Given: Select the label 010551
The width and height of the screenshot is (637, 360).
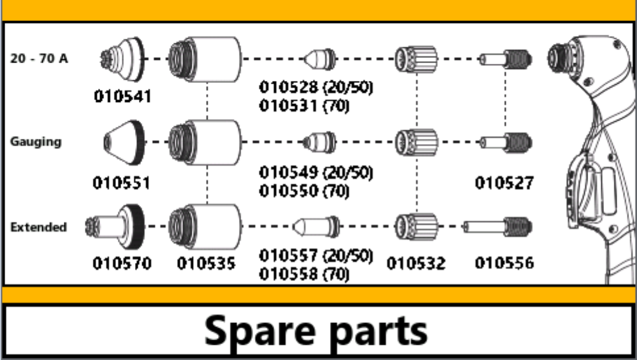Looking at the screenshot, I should coord(122,183).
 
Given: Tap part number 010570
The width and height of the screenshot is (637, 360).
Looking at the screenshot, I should coord(122,263).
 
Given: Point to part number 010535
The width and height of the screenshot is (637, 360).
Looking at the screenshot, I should coord(206,263).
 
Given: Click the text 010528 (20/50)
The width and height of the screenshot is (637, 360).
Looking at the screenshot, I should coord(315,87).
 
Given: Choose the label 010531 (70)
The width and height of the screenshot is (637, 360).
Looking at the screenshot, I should coord(304,106).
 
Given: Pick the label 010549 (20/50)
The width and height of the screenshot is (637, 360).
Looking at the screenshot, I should coord(315,172).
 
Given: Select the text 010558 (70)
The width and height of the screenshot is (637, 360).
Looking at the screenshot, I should coord(304,274).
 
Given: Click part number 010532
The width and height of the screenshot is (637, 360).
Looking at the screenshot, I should coord(417,263).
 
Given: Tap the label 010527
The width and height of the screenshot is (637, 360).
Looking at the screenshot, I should coord(504,183).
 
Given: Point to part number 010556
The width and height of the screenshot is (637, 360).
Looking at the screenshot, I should coord(504,263).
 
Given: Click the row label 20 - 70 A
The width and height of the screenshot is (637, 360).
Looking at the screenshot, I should coord(39,58).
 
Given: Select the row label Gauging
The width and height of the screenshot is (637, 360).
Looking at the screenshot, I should coord(36,141).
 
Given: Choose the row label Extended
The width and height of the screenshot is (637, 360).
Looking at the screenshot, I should coord(38,227).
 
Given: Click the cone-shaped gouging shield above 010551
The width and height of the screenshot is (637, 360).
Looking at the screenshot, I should coord(124,141).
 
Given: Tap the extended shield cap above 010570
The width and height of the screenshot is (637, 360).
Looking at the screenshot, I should coord(118,226).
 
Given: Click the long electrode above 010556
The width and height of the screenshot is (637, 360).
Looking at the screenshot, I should coord(497,226).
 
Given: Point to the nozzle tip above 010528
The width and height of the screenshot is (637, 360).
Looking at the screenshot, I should coord(320,59).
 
